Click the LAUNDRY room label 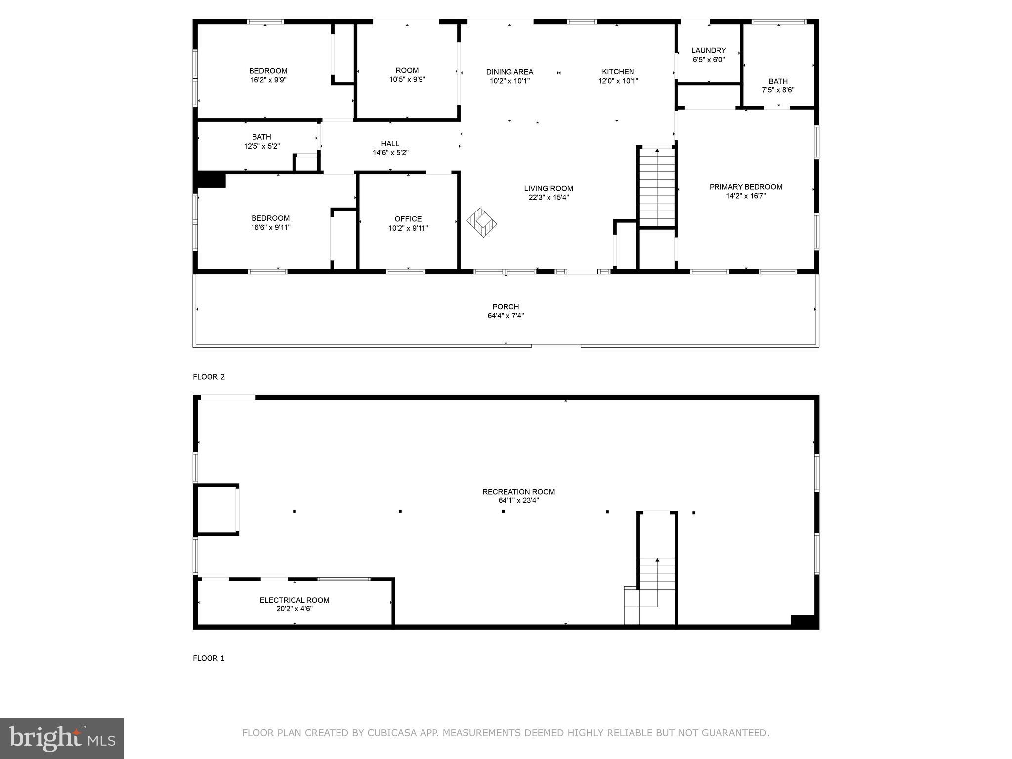click(x=708, y=50)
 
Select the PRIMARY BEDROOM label click(x=746, y=187)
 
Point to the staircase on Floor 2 click(x=657, y=188)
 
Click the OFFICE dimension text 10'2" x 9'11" click(x=408, y=228)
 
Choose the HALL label click(x=390, y=144)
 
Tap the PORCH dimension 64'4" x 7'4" click(x=506, y=316)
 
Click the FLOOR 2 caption click(x=209, y=377)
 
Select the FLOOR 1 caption click(x=209, y=658)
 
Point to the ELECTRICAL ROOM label click(x=295, y=600)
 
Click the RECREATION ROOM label click(x=518, y=492)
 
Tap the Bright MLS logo click(x=62, y=739)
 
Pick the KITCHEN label click(x=618, y=72)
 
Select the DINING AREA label click(x=509, y=72)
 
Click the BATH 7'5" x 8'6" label click(x=778, y=82)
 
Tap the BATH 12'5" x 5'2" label click(x=261, y=137)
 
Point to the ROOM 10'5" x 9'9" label click(x=407, y=70)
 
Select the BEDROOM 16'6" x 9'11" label click(x=270, y=218)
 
